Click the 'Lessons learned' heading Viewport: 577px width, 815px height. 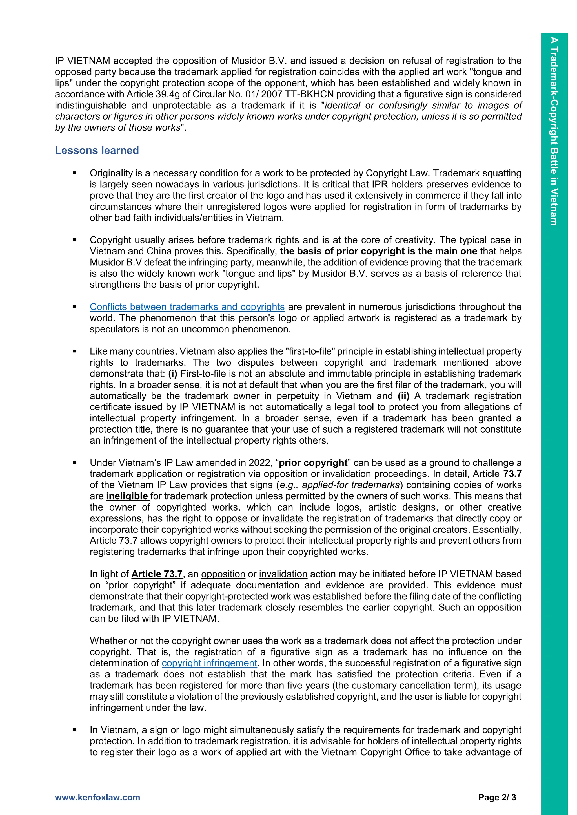click(97, 151)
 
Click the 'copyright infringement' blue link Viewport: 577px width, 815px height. click(209, 663)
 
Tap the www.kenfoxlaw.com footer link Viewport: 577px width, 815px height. click(97, 797)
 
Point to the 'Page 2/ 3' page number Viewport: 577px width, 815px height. click(497, 797)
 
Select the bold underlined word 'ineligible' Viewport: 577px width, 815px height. click(127, 496)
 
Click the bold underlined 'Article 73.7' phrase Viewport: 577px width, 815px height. click(157, 574)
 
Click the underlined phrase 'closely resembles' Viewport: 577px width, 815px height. click(304, 607)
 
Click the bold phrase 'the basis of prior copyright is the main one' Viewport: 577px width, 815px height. click(378, 251)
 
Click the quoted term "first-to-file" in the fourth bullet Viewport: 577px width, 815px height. click(310, 351)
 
